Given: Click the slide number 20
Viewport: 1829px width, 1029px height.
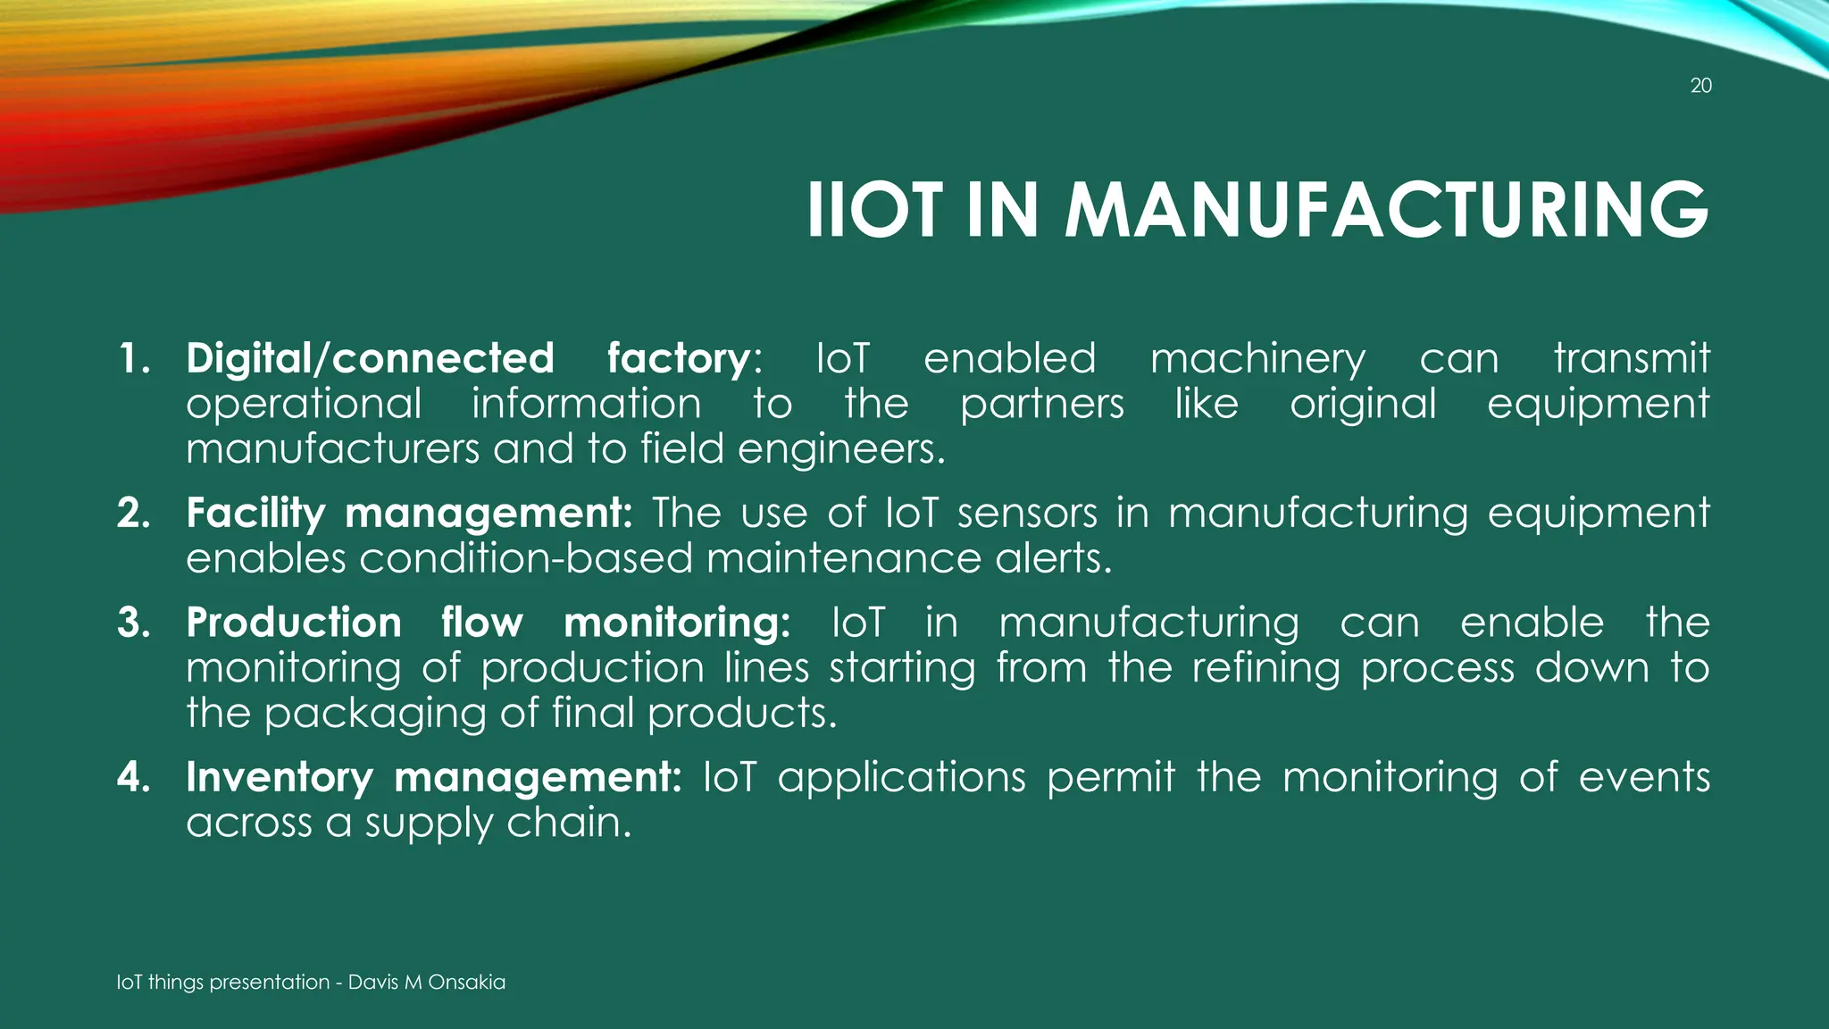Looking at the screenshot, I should (x=1700, y=86).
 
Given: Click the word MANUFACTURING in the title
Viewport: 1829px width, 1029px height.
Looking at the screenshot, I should (x=1386, y=211).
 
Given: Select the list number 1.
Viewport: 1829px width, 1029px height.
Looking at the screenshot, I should (x=133, y=359).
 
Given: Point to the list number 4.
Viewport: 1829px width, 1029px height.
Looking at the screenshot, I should (x=133, y=777).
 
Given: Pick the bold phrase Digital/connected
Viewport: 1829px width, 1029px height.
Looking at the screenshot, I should (x=370, y=359).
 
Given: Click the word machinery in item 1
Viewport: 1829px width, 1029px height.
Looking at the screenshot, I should (x=1257, y=359).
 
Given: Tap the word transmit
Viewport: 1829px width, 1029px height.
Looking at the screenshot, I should (x=1632, y=359).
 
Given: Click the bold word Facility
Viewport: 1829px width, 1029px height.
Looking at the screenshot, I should (x=255, y=514).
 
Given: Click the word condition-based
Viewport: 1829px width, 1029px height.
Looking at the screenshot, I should (x=527, y=559).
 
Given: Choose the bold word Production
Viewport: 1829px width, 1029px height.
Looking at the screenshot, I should (x=294, y=623).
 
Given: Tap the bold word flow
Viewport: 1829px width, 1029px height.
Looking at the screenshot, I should (x=481, y=623).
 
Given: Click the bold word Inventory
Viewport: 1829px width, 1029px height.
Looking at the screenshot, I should (x=279, y=777).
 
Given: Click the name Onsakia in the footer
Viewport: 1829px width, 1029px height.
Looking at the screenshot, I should (x=466, y=983).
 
